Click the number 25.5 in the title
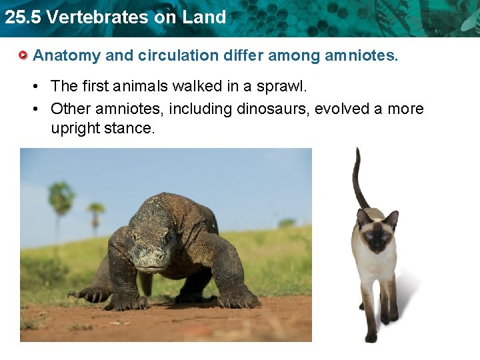point(20,17)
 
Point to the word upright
point(75,128)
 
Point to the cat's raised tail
point(359,177)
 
